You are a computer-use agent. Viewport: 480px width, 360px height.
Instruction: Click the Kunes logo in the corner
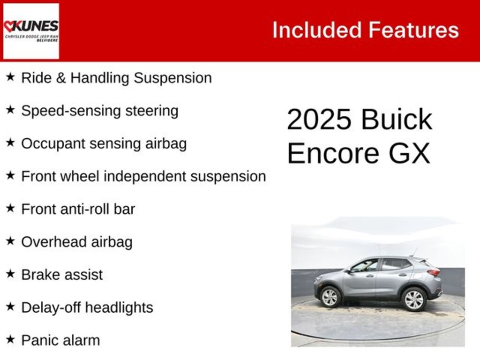coord(31,31)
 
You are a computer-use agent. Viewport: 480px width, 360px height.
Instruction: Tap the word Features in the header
coord(413,30)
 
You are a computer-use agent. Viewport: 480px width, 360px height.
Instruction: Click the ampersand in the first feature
coord(60,78)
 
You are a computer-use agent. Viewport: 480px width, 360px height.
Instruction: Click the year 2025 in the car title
coord(319,120)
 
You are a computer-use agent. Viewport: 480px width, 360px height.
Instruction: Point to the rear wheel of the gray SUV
coord(414,299)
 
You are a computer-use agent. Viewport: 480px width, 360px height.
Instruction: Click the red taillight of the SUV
coord(434,272)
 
